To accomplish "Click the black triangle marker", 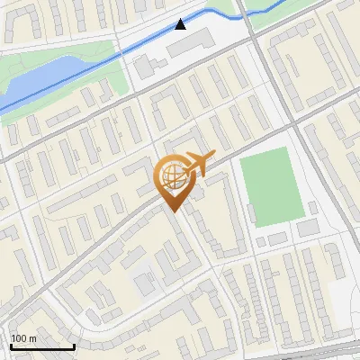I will tap(181, 24).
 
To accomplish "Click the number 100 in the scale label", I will tap(20, 338).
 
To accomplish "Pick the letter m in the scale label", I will tap(33, 338).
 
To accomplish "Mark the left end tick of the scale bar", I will tap(11, 346).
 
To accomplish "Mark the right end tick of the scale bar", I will tap(74, 346).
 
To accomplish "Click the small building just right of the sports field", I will tap(312, 209).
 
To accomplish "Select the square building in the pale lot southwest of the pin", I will tap(145, 284).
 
